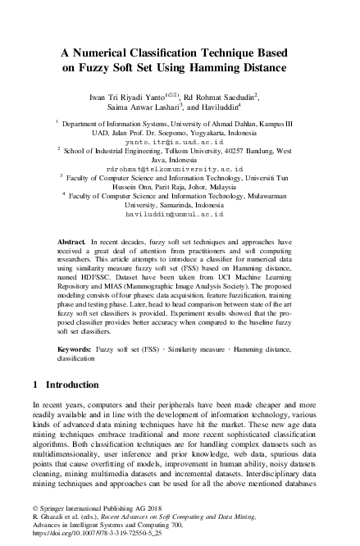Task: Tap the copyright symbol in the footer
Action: pyautogui.click(x=35, y=509)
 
